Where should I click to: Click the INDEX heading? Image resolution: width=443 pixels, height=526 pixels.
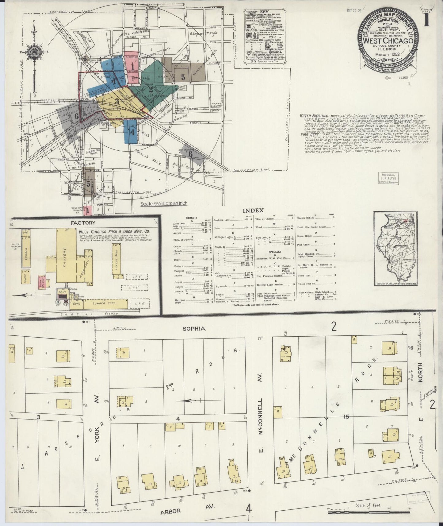tap(253, 211)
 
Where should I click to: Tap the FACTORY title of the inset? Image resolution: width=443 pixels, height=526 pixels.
tap(83, 223)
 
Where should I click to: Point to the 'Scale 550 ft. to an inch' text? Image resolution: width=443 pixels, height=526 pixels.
tap(164, 203)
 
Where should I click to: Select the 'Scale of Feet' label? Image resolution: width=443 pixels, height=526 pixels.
tap(368, 505)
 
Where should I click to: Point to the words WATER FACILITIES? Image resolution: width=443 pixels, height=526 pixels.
tap(314, 115)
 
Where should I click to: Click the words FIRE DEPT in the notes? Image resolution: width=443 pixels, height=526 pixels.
tap(308, 134)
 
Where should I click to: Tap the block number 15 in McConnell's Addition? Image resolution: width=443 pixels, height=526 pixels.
tap(346, 417)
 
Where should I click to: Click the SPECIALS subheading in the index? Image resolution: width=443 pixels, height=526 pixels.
tap(274, 252)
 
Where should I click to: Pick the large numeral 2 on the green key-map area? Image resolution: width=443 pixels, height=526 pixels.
tap(151, 90)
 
